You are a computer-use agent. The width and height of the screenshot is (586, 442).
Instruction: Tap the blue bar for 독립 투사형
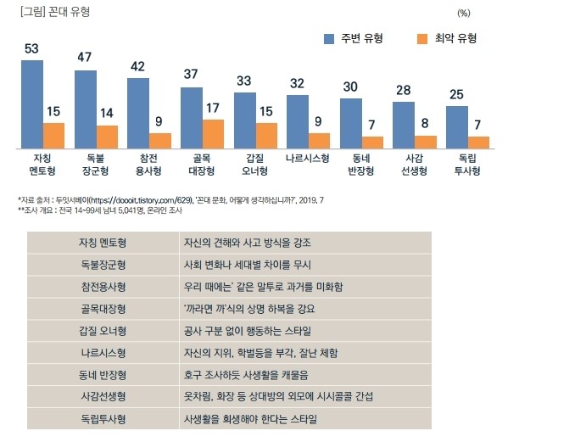tap(456, 127)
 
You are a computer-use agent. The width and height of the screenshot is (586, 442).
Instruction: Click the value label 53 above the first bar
tap(31, 48)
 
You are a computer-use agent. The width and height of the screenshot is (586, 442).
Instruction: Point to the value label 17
tap(213, 109)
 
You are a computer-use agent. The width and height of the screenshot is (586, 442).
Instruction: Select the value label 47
tap(85, 58)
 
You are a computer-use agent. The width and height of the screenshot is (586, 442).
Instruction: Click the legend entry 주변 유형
tap(354, 38)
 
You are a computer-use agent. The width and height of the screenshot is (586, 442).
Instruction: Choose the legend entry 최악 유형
tap(446, 38)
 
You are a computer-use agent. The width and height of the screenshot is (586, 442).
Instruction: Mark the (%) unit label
tap(463, 13)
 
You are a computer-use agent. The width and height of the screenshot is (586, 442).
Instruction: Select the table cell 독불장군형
tap(102, 264)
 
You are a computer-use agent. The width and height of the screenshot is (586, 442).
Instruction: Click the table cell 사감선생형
tap(102, 396)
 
